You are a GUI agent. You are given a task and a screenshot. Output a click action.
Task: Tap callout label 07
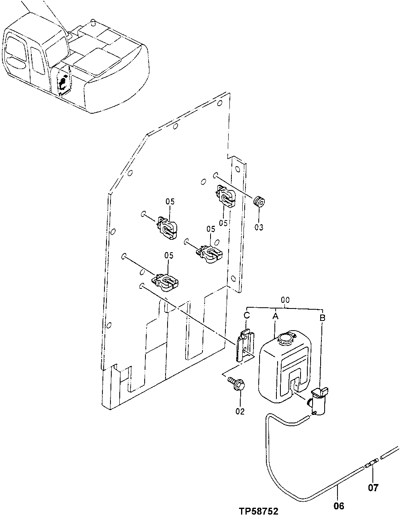[x=373, y=488]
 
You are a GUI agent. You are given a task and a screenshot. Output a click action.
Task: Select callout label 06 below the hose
[x=339, y=506]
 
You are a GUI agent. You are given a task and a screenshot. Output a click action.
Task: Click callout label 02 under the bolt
[x=240, y=411]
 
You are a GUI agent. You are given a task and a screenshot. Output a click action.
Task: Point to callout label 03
[x=259, y=227]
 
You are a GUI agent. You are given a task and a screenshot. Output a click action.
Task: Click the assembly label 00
[x=285, y=300]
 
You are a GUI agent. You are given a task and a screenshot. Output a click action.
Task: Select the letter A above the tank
[x=275, y=317]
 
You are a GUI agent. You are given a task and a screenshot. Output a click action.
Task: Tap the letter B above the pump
[x=322, y=318]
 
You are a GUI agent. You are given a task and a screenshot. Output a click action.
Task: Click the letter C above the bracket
[x=247, y=315]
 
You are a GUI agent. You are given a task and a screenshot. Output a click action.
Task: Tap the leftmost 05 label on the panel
[x=170, y=202]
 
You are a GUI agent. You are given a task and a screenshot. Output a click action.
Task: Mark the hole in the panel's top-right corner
[x=219, y=103]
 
